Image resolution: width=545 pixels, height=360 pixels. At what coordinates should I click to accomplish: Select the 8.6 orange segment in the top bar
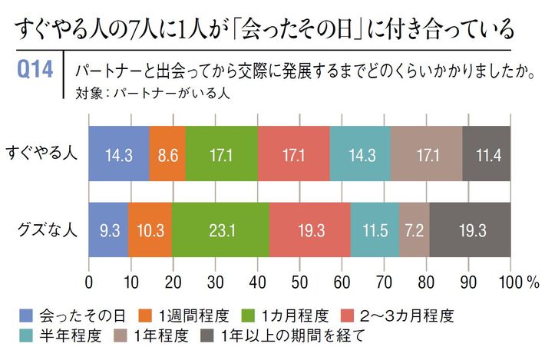point(167,153)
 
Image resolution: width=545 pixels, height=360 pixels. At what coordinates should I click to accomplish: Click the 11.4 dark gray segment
point(487,153)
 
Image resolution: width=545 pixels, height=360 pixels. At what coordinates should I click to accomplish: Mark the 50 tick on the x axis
point(300,282)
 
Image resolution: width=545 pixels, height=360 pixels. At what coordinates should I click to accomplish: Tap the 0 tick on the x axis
point(90,282)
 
